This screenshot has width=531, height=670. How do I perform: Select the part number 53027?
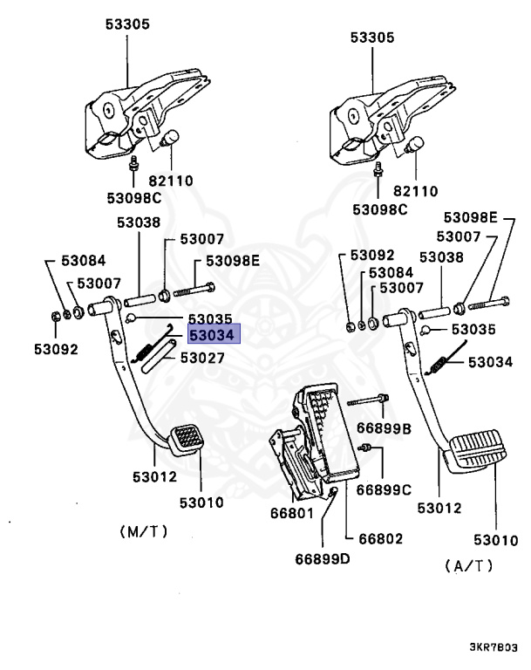202,358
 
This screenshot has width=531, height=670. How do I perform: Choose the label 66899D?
322,558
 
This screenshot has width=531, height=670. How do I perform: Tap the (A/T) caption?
468,566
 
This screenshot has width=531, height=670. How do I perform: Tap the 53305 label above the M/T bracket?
127,24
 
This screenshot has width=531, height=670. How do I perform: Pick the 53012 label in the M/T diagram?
154,477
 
